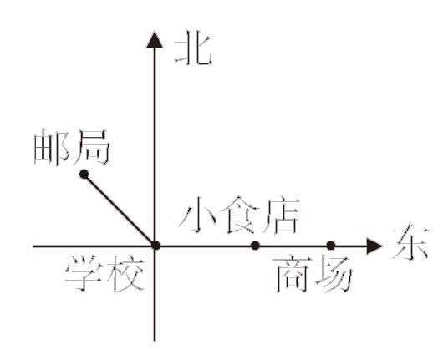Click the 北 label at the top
(x=194, y=50)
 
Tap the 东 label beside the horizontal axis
(x=410, y=242)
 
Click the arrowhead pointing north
(x=155, y=39)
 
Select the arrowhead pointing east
(x=374, y=246)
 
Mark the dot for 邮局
(x=84, y=175)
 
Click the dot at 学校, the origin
(x=155, y=246)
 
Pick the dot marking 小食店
(x=255, y=246)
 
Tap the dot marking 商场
(x=331, y=246)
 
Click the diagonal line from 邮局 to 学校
(x=120, y=210)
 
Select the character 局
(x=91, y=147)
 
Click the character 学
(x=84, y=273)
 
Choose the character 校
(x=125, y=273)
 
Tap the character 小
(x=197, y=215)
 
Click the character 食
(x=240, y=215)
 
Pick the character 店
(x=281, y=215)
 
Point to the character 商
(x=293, y=275)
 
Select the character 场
(x=334, y=275)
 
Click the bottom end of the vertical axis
(x=155, y=341)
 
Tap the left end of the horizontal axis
(x=34, y=246)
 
